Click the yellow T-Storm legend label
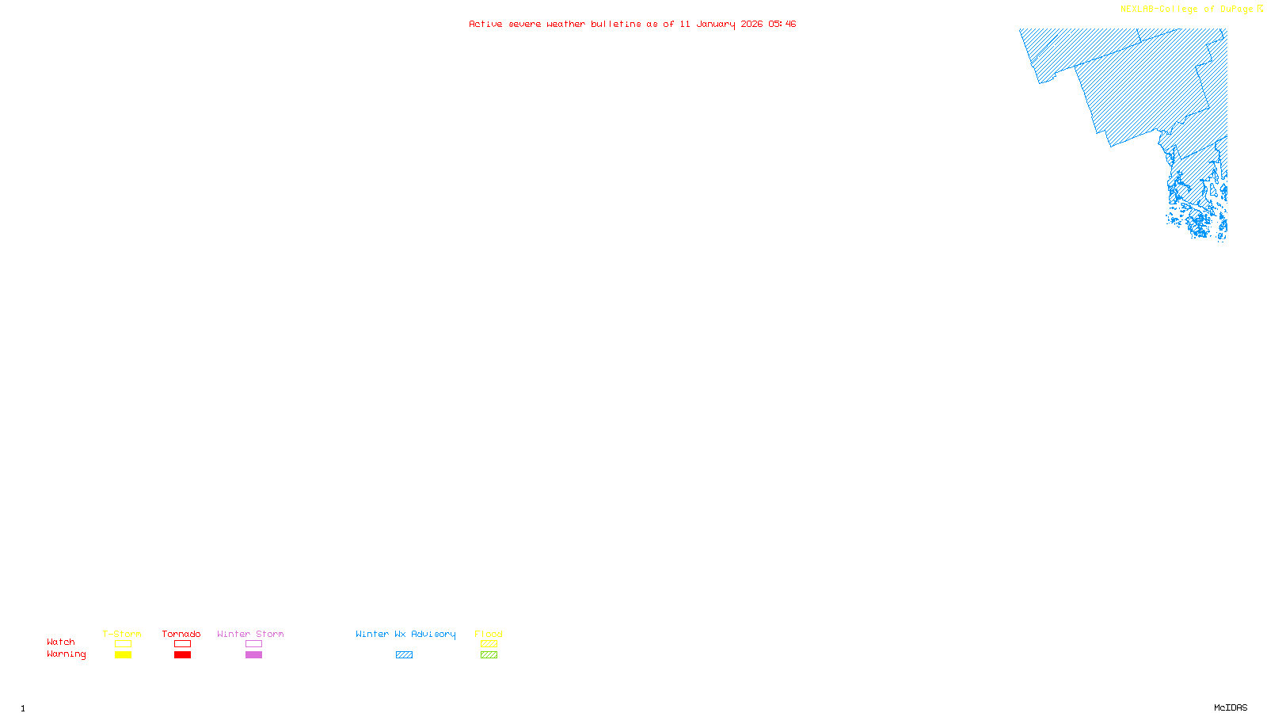tap(122, 634)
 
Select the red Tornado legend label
tap(181, 634)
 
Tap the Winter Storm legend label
tap(250, 634)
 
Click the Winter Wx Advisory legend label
tap(405, 634)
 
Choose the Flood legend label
tap(489, 634)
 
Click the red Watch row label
tap(61, 642)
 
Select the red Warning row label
tap(67, 654)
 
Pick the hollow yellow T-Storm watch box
tap(123, 644)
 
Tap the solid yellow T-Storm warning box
tap(123, 655)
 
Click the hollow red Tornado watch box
tap(182, 644)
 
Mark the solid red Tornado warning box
tap(182, 655)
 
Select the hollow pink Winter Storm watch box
tap(253, 644)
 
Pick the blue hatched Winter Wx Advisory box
tap(404, 655)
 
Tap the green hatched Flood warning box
tap(489, 655)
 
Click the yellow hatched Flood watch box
tap(489, 644)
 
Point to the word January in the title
tap(716, 24)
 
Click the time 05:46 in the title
tap(782, 24)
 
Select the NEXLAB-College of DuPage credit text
tap(1186, 10)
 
